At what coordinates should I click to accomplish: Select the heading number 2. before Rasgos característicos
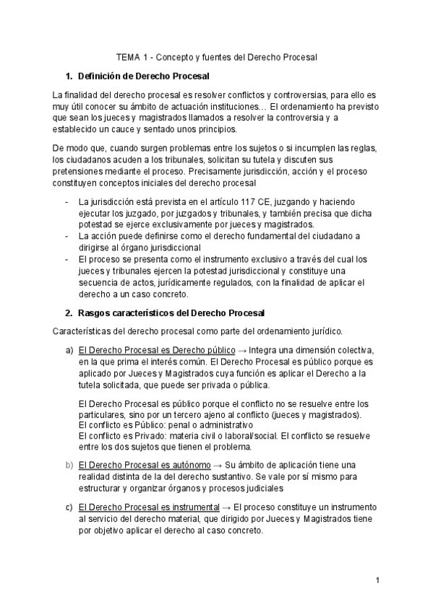click(x=69, y=312)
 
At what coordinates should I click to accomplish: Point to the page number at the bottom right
click(x=377, y=580)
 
